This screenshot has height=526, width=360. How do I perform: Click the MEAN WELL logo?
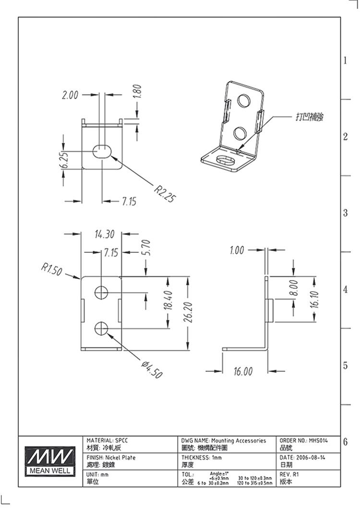50,461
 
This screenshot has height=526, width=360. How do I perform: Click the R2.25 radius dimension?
164,193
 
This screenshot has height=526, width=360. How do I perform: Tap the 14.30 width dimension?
105,234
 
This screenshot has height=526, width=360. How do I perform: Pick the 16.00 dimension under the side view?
243,372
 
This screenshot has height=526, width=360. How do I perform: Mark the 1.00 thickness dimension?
237,250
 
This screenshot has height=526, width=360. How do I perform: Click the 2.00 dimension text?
70,95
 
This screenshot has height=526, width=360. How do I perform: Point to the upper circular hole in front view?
101,292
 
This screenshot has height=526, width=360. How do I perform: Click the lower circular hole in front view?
101,329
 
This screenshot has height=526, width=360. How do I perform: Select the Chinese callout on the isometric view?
310,117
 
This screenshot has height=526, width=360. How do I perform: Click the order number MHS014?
318,440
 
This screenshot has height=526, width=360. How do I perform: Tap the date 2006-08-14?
310,458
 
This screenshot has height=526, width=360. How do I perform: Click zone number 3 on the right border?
345,213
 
